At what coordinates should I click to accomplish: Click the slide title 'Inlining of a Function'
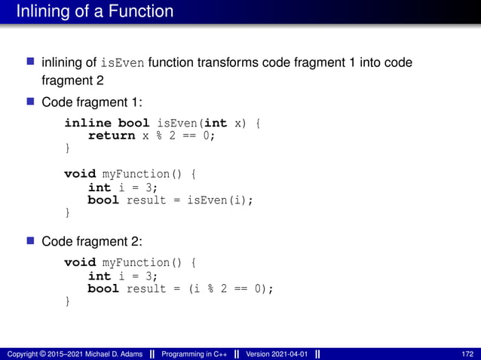coord(95,11)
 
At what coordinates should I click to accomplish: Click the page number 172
coord(467,353)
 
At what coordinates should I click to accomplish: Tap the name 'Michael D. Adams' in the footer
coord(112,353)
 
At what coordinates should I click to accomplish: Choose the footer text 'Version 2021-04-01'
coord(274,353)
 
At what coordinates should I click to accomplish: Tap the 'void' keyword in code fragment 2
coord(80,263)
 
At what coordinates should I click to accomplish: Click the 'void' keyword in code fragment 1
coord(80,174)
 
